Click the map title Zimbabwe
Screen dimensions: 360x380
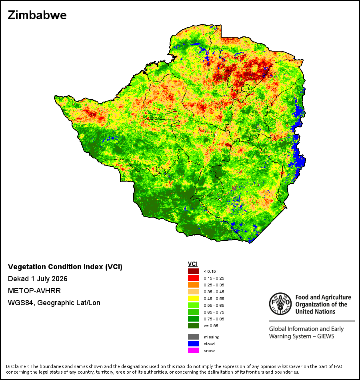pyautogui.click(x=37, y=15)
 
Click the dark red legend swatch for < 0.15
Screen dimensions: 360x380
pyautogui.click(x=194, y=271)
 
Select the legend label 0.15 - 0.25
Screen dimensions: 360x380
pyautogui.click(x=214, y=278)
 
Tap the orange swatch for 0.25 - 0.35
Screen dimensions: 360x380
pyautogui.click(x=194, y=285)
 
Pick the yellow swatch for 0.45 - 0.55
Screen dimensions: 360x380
pyautogui.click(x=194, y=298)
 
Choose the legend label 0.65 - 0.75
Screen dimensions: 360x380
pyautogui.click(x=214, y=312)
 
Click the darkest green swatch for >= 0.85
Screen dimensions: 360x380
pyautogui.click(x=194, y=326)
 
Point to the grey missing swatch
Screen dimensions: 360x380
pyautogui.click(x=194, y=337)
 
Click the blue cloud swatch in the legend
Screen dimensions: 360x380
pyautogui.click(x=194, y=344)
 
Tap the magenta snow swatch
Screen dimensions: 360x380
pyautogui.click(x=194, y=350)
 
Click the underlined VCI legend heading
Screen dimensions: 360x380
pyautogui.click(x=193, y=264)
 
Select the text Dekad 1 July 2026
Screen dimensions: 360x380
pyautogui.click(x=38, y=279)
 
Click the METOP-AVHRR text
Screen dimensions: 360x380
pyautogui.click(x=34, y=290)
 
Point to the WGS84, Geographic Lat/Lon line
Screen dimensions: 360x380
pyautogui.click(x=54, y=303)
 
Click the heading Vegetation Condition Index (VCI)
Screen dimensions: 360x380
pyautogui.click(x=65, y=267)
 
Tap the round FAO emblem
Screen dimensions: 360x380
pyautogui.click(x=280, y=304)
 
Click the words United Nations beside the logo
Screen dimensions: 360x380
pyautogui.click(x=315, y=312)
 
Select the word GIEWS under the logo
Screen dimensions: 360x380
pyautogui.click(x=326, y=336)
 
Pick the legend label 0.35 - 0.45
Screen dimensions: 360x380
pyautogui.click(x=214, y=292)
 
